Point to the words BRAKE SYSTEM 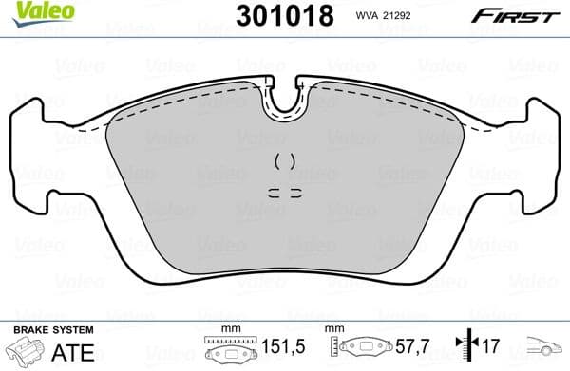tap(52, 329)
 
